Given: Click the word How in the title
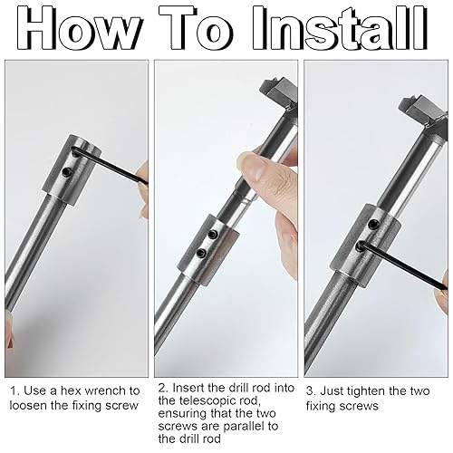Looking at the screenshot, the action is point(80,29).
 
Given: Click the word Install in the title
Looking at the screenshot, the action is point(341,28).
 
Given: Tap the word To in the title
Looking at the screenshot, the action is point(197,28).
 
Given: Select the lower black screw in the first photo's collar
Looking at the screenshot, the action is point(66,172).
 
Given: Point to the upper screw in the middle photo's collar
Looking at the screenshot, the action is point(214,235).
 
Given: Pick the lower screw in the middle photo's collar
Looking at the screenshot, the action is point(200,252).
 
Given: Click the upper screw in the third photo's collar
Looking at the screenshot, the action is point(373,224).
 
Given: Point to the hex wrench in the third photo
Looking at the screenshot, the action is point(401,265).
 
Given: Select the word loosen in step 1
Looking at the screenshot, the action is point(28,405).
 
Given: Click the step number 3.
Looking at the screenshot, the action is point(311,391).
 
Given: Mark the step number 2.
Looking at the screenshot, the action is point(163,388).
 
